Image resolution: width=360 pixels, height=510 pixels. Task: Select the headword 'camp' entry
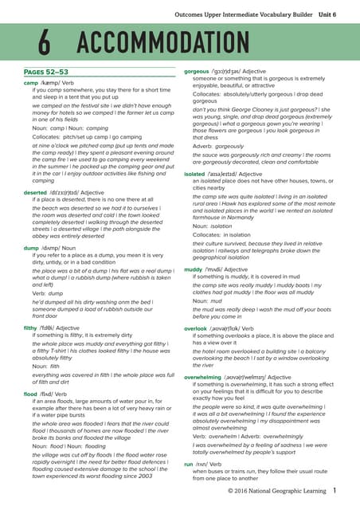31,83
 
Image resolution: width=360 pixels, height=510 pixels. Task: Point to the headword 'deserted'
35,192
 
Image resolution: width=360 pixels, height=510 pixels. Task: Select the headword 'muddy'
194,269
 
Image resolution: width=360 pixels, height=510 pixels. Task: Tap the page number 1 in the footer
335,492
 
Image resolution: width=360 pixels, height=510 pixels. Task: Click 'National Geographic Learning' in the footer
288,492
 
